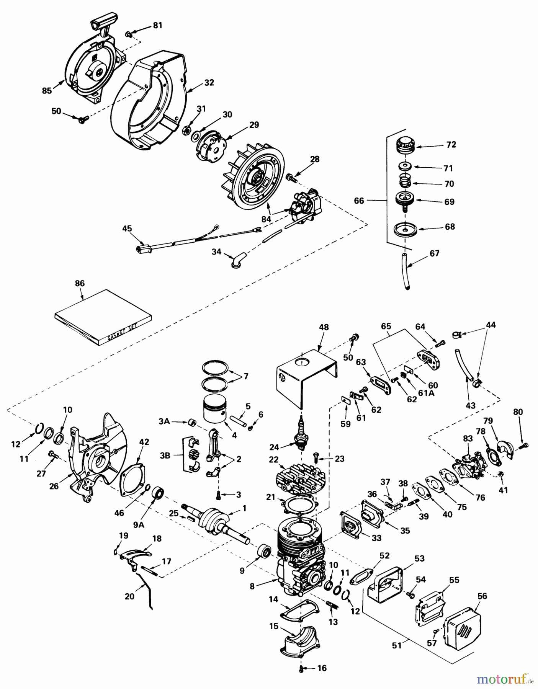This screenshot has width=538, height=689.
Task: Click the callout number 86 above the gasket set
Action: click(x=80, y=283)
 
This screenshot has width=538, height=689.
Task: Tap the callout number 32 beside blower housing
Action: click(x=209, y=82)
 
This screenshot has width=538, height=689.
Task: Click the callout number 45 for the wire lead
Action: click(x=127, y=229)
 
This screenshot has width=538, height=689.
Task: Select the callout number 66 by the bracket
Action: click(x=359, y=201)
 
